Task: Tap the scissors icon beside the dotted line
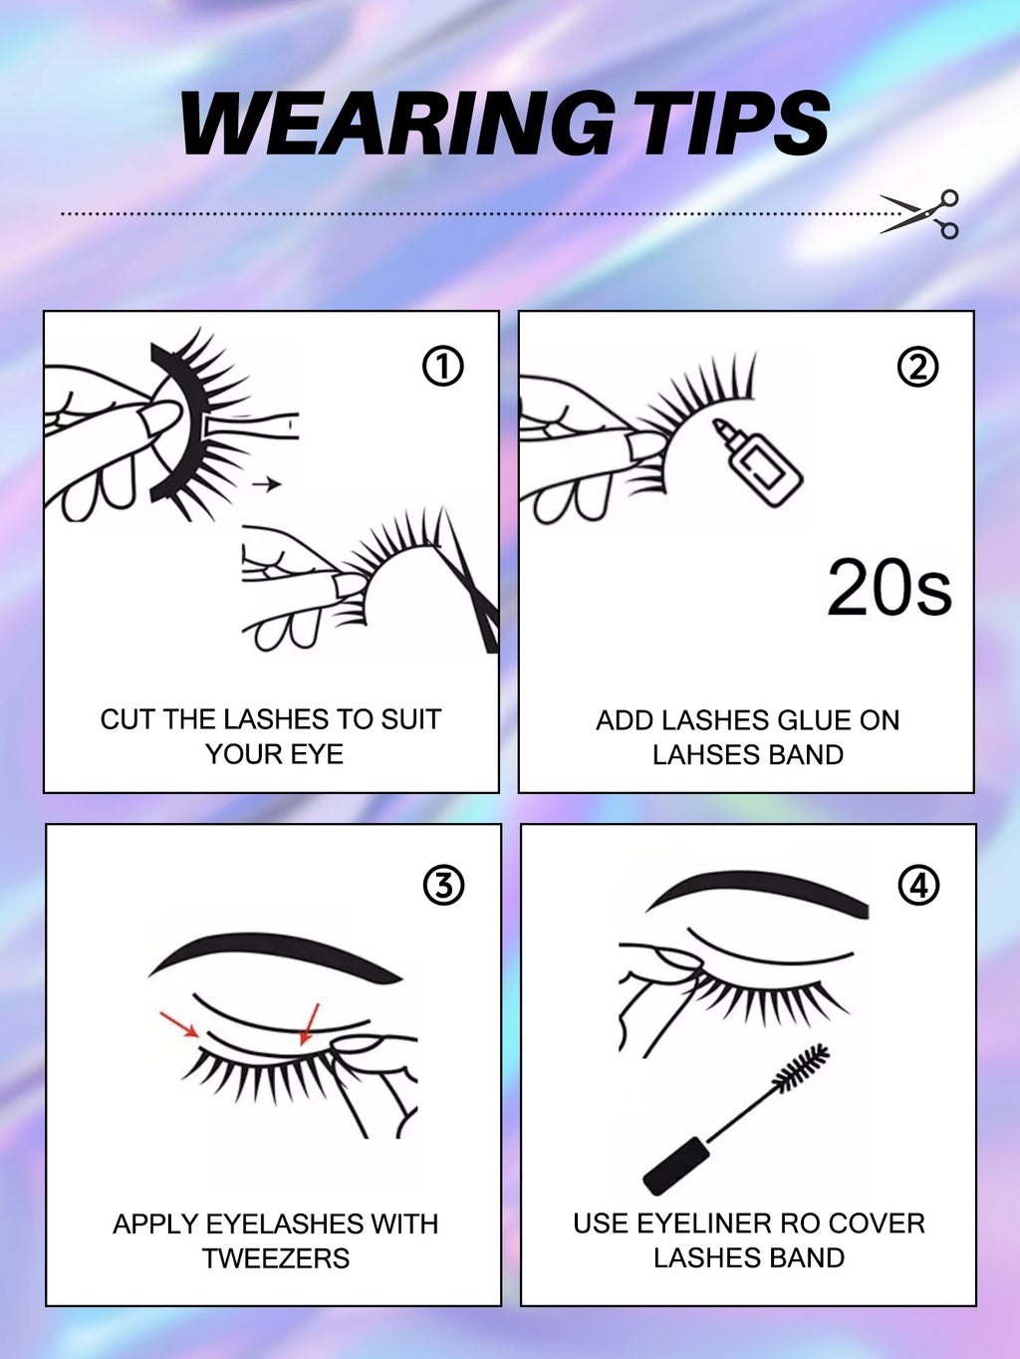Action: pos(921,213)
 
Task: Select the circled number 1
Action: pos(443,367)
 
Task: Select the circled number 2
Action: pos(917,367)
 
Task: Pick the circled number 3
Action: pos(443,885)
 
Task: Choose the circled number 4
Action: pos(918,885)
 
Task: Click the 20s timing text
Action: pos(889,588)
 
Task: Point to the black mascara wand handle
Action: pos(676,1165)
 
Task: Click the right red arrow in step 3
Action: pos(309,1024)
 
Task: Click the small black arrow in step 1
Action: pos(266,484)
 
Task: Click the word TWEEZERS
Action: pos(276,1258)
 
